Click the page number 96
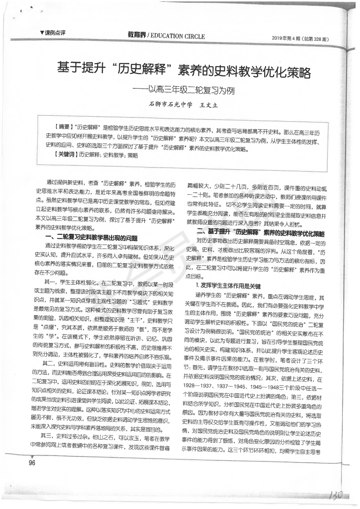pos(32,463)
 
